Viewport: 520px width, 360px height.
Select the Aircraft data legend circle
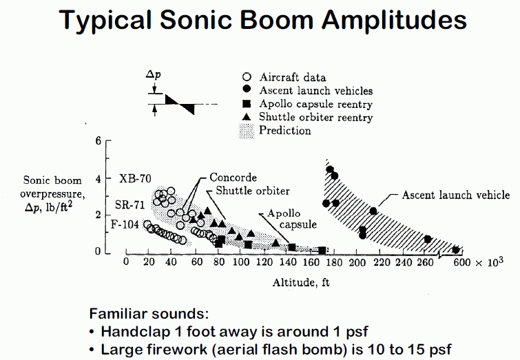pyautogui.click(x=247, y=77)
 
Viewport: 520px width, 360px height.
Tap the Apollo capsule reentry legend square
pyautogui.click(x=247, y=104)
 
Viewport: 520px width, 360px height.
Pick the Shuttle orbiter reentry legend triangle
pyautogui.click(x=247, y=117)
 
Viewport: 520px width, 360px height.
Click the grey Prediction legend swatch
pyautogui.click(x=247, y=131)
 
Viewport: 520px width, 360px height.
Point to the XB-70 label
pyautogui.click(x=135, y=179)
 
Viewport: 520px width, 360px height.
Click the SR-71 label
pyautogui.click(x=129, y=205)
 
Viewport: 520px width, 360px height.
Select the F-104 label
pyautogui.click(x=125, y=224)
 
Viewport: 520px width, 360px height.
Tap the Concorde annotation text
pyautogui.click(x=233, y=178)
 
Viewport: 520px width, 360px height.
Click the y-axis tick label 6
pyautogui.click(x=98, y=140)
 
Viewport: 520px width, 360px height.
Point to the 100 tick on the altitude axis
pyautogui.click(x=241, y=262)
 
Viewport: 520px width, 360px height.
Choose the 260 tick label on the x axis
pyautogui.click(x=425, y=262)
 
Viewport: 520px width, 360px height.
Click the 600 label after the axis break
pyautogui.click(x=462, y=262)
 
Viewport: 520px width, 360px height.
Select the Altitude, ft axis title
pyautogui.click(x=301, y=282)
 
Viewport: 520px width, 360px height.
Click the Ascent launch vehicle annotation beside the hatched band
pyautogui.click(x=456, y=195)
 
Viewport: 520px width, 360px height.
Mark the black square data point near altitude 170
pyautogui.click(x=322, y=251)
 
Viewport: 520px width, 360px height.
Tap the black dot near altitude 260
pyautogui.click(x=428, y=240)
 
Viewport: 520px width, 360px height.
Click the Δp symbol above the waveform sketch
pyautogui.click(x=153, y=74)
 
